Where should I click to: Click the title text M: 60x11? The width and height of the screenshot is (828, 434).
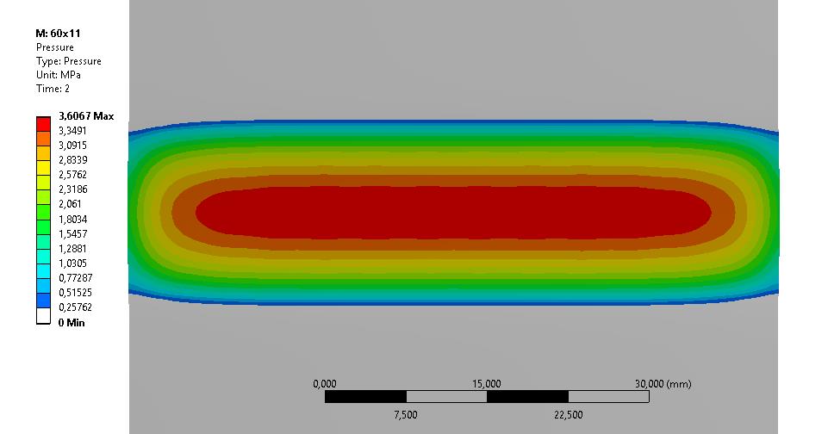click(x=58, y=34)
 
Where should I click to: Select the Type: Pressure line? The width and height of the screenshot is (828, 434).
click(x=69, y=61)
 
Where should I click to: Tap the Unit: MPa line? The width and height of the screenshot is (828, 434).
click(x=58, y=75)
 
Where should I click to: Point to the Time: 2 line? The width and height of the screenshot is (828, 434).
click(x=53, y=89)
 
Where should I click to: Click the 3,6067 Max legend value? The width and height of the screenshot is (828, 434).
click(x=86, y=116)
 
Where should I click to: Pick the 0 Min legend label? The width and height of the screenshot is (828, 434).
click(x=72, y=323)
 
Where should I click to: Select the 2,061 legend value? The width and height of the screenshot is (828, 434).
click(x=70, y=204)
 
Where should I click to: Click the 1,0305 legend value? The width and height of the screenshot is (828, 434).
click(x=73, y=263)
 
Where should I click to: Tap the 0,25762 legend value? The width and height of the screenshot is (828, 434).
click(x=75, y=307)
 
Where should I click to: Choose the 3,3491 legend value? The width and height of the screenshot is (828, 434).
click(x=72, y=130)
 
